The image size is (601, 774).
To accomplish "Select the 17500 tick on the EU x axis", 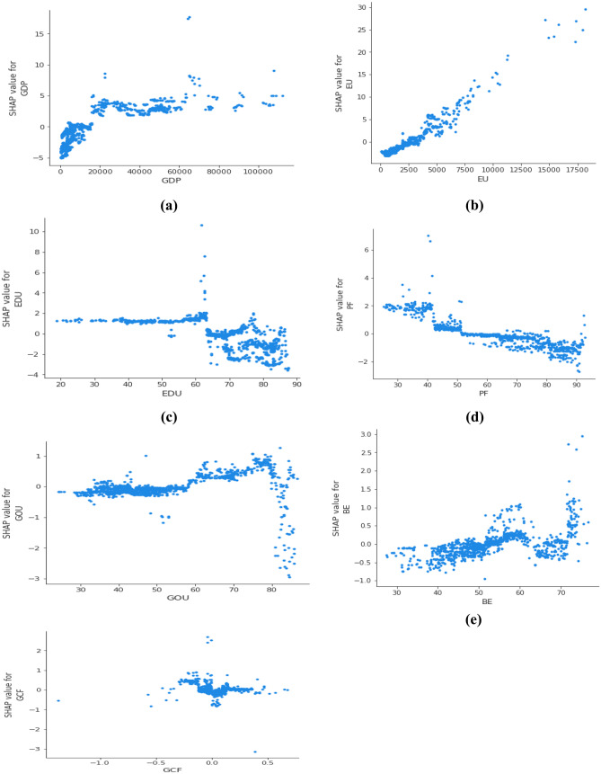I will click(x=575, y=160).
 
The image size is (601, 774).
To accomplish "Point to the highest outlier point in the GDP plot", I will click(x=189, y=17).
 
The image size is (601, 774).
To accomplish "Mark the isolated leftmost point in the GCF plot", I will click(x=58, y=700).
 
